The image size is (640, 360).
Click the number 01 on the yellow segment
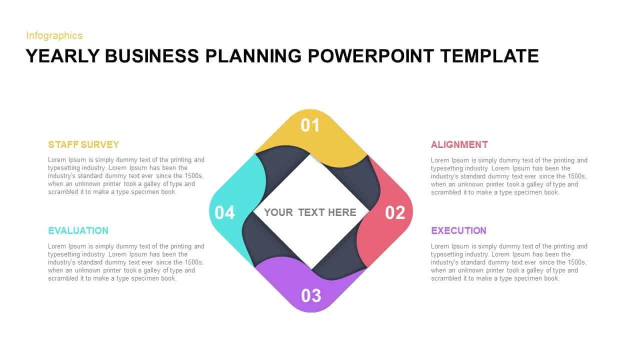pyautogui.click(x=310, y=125)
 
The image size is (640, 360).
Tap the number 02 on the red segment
pyautogui.click(x=395, y=212)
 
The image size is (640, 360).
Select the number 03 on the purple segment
pyautogui.click(x=311, y=295)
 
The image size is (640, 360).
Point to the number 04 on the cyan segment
pyautogui.click(x=224, y=212)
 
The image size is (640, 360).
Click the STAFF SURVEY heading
pyautogui.click(x=83, y=144)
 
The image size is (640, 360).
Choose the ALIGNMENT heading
pyautogui.click(x=459, y=144)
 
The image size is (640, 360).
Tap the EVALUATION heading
pyautogui.click(x=78, y=230)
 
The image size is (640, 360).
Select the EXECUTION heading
pyautogui.click(x=458, y=230)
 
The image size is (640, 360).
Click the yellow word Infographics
pyautogui.click(x=54, y=35)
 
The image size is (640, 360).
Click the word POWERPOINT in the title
pyautogui.click(x=371, y=56)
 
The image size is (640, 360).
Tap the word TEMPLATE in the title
pyautogui.click(x=489, y=56)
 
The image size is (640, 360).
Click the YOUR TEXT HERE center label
pyautogui.click(x=310, y=212)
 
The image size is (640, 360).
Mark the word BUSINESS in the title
pyautogui.click(x=152, y=56)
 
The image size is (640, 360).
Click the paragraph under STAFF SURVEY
pyautogui.click(x=126, y=176)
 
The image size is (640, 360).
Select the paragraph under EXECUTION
pyautogui.click(x=509, y=262)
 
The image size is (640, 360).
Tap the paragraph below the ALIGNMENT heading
pyautogui.click(x=509, y=176)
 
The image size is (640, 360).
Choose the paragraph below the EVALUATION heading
pyautogui.click(x=126, y=262)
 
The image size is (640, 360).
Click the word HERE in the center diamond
pyautogui.click(x=342, y=212)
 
